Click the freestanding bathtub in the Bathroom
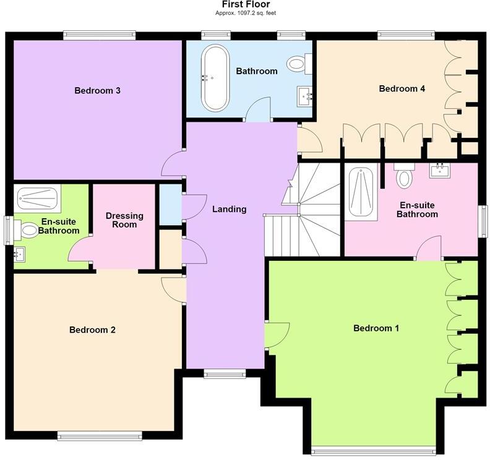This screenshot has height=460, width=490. (215, 78)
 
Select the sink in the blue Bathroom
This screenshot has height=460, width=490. (304, 96)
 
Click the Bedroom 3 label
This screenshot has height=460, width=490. (98, 90)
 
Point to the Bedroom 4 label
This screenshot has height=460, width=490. (402, 88)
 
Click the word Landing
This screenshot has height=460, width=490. (230, 209)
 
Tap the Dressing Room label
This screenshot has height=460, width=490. (124, 220)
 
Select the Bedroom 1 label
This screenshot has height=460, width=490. (376, 328)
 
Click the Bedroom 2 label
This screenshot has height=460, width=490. (93, 330)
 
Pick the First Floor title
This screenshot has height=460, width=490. (246, 4)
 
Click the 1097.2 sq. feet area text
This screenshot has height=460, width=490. (252, 13)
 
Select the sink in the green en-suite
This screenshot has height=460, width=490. (19, 254)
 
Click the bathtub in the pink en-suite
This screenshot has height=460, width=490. (361, 192)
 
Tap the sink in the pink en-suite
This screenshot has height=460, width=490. (439, 171)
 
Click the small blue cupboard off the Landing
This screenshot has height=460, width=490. (171, 205)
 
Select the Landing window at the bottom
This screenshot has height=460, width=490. (225, 373)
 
